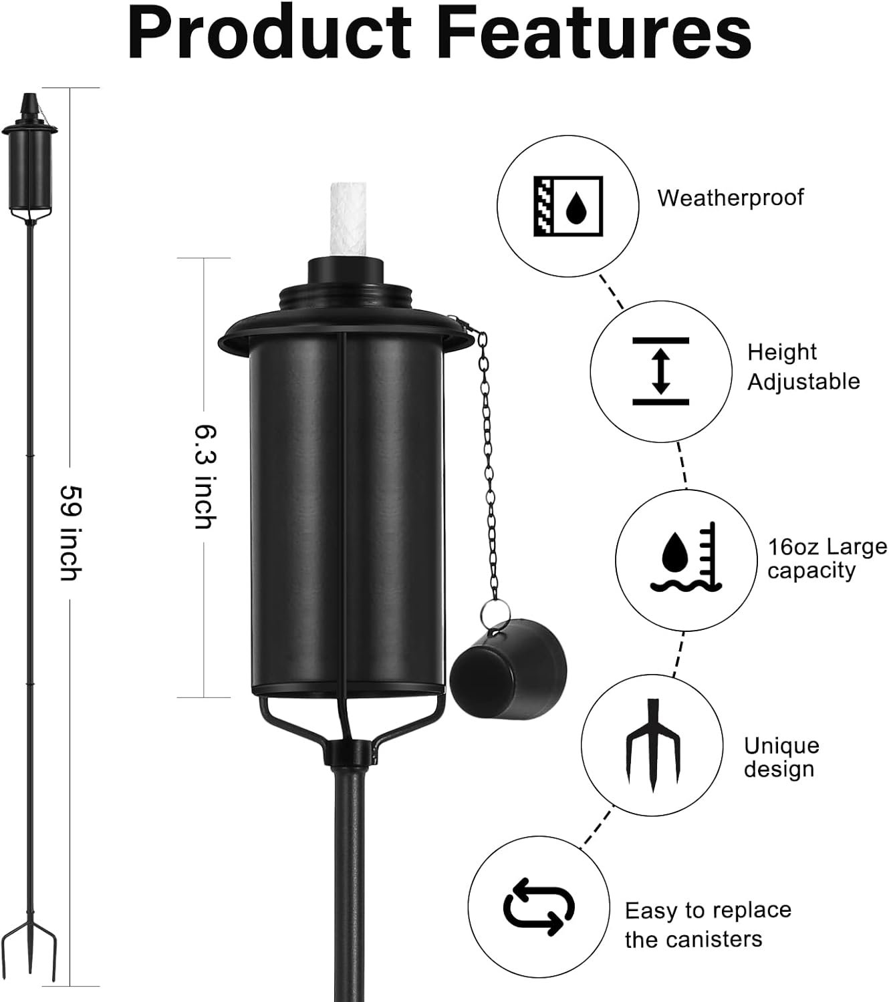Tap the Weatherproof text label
pyautogui.click(x=731, y=198)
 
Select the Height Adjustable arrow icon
pyautogui.click(x=660, y=371)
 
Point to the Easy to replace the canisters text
pyautogui.click(x=707, y=925)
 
